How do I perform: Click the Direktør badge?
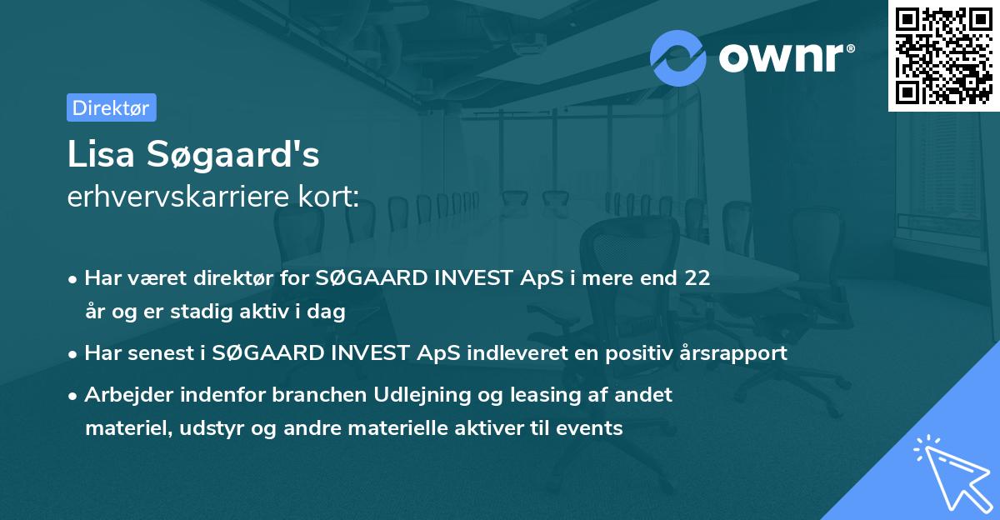(111, 107)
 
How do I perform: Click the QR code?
(944, 55)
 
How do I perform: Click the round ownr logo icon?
(678, 58)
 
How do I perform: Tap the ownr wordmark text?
(783, 58)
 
